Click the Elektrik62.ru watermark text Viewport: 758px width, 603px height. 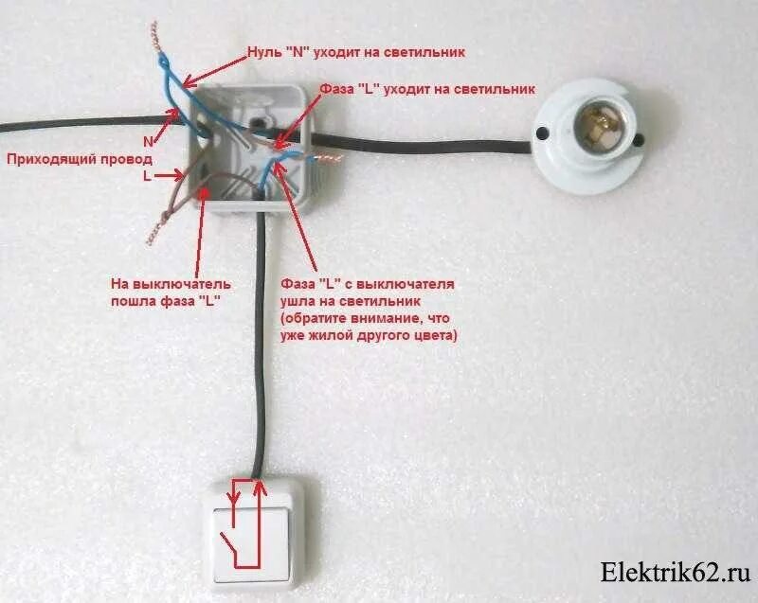point(675,573)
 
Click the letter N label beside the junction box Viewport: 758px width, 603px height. point(148,140)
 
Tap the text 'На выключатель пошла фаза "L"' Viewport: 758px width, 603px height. point(171,291)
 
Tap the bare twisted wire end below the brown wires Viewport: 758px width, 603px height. point(154,228)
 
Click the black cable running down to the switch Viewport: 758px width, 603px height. point(259,360)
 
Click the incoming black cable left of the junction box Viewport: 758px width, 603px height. point(76,120)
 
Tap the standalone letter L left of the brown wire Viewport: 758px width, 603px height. point(146,176)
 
